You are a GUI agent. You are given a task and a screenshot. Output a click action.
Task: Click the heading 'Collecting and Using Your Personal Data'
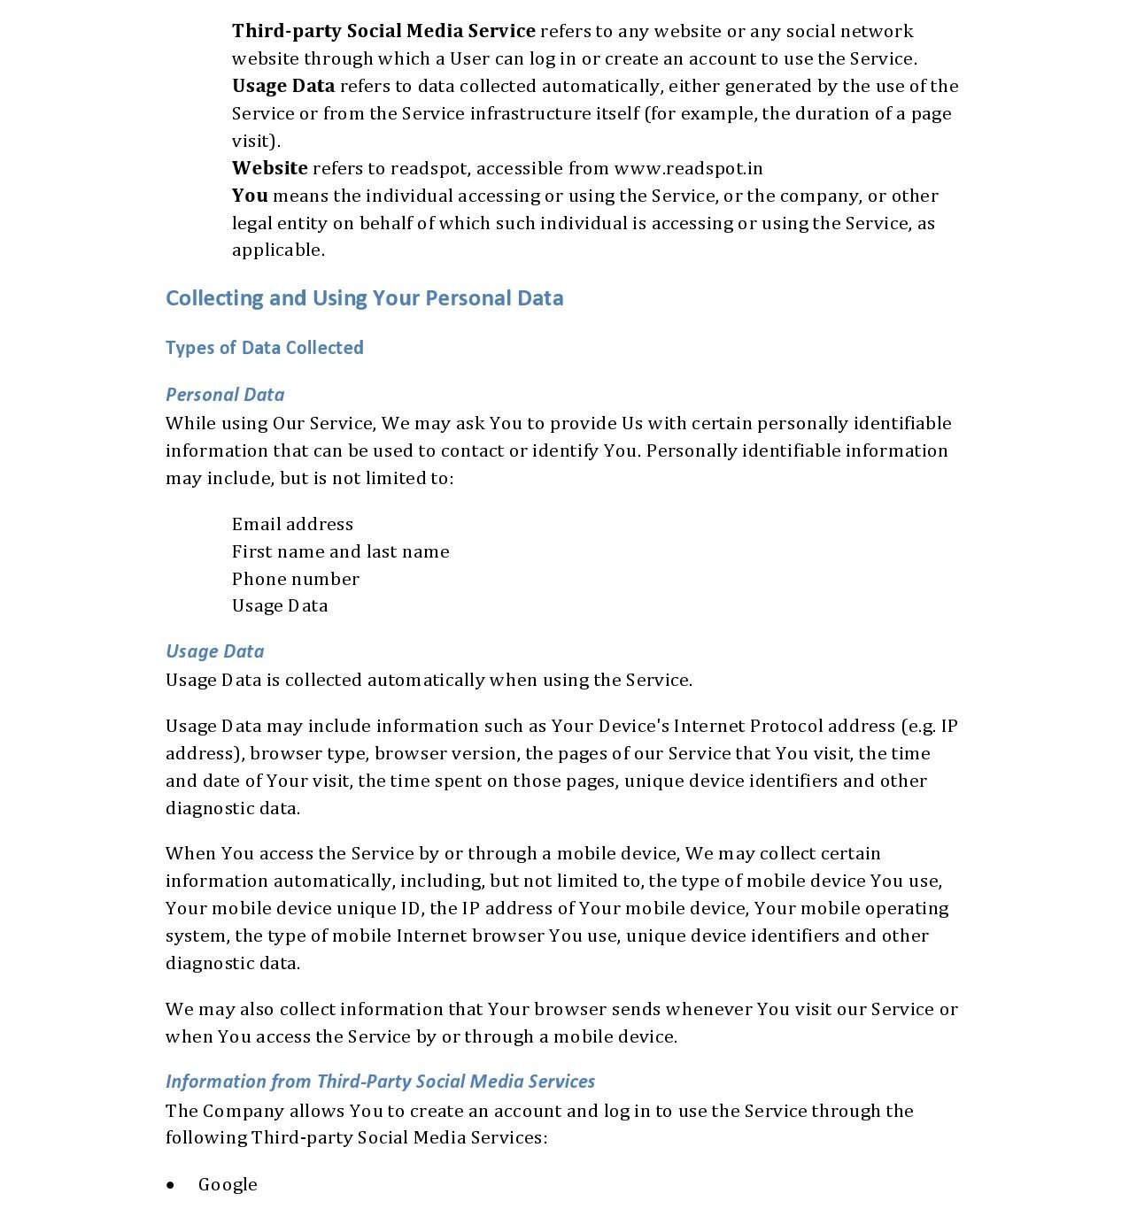pyautogui.click(x=364, y=298)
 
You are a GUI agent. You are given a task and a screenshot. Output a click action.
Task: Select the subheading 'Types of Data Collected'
pyautogui.click(x=264, y=348)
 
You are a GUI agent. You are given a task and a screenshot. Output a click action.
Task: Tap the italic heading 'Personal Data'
pyautogui.click(x=225, y=395)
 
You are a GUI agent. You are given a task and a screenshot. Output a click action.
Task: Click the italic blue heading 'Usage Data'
pyautogui.click(x=214, y=651)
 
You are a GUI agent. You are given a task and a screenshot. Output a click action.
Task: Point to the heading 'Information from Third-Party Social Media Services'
pyautogui.click(x=380, y=1082)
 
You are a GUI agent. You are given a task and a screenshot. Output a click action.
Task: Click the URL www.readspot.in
pyautogui.click(x=688, y=168)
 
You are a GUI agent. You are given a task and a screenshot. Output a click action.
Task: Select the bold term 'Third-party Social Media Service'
pyautogui.click(x=383, y=31)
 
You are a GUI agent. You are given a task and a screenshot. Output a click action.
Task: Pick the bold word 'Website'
pyautogui.click(x=269, y=168)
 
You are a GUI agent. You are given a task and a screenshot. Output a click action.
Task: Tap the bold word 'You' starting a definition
pyautogui.click(x=250, y=196)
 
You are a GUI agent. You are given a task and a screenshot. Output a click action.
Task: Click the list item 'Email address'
pyautogui.click(x=292, y=524)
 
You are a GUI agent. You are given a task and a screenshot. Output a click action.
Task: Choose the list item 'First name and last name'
pyautogui.click(x=340, y=551)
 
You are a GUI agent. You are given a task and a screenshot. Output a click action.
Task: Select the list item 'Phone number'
pyautogui.click(x=295, y=579)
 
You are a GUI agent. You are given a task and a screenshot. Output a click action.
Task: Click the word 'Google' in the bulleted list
pyautogui.click(x=228, y=1184)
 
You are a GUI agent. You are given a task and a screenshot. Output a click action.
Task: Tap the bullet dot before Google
pyautogui.click(x=171, y=1185)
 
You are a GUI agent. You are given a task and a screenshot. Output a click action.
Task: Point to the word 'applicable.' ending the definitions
pyautogui.click(x=278, y=250)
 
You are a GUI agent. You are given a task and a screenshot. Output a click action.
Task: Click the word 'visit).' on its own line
pyautogui.click(x=256, y=141)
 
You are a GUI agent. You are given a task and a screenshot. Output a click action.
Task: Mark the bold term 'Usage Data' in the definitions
pyautogui.click(x=283, y=86)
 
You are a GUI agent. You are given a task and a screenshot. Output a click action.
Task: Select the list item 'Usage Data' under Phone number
pyautogui.click(x=280, y=605)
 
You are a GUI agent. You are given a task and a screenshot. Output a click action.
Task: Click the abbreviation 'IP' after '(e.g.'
pyautogui.click(x=949, y=726)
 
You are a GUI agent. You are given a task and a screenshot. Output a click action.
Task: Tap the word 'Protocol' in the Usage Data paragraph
pyautogui.click(x=785, y=726)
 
